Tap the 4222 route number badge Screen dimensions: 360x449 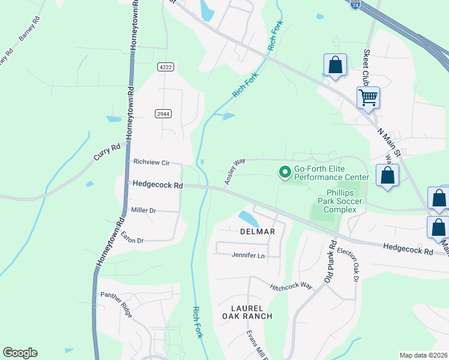(166, 67)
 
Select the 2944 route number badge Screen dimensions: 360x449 (163, 113)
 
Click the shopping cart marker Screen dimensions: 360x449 (368, 97)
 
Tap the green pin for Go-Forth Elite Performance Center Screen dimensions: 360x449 (285, 173)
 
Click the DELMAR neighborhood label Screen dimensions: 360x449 (258, 232)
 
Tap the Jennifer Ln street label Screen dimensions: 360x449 (248, 256)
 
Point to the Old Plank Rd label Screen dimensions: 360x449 (331, 261)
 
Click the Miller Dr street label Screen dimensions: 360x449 (143, 211)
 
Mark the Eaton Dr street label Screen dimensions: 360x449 (132, 237)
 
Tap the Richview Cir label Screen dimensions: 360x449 (152, 162)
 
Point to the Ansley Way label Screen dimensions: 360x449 (235, 172)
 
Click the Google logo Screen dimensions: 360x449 (20, 353)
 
